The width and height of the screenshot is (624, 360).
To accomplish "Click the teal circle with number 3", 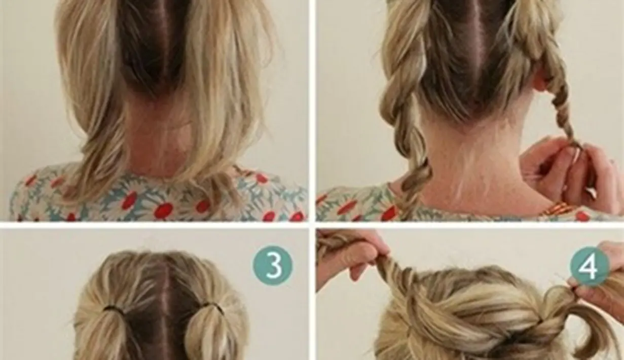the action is pyautogui.click(x=273, y=265).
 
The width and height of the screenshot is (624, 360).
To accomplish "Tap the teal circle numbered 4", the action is pyautogui.click(x=590, y=266).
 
